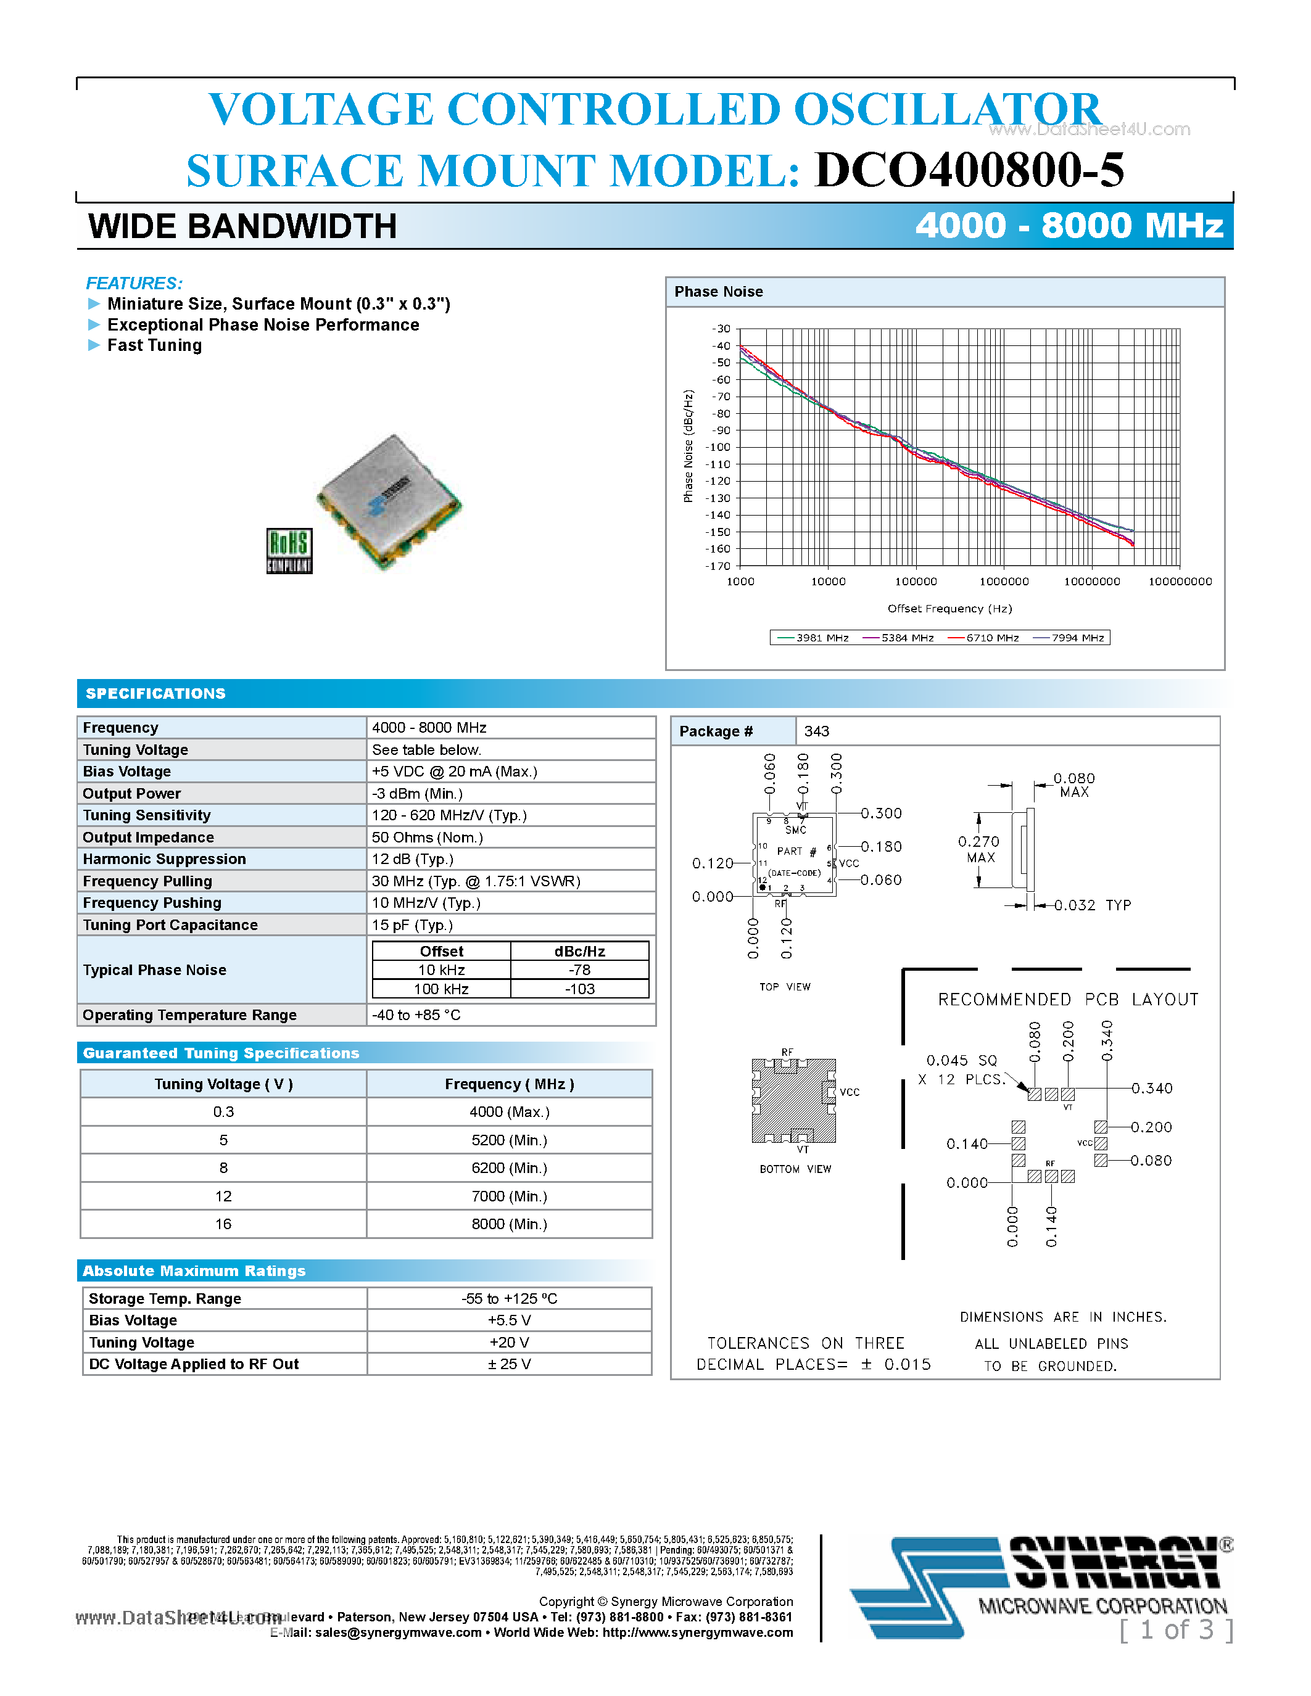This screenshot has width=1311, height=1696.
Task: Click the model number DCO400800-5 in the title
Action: pos(969,170)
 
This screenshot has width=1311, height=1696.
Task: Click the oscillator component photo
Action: pos(388,501)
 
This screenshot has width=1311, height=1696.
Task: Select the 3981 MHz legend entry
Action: pos(813,638)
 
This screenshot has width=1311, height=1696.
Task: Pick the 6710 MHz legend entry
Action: pos(984,638)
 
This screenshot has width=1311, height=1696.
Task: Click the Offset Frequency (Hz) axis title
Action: pos(949,609)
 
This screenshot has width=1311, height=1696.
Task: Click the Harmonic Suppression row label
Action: pos(164,859)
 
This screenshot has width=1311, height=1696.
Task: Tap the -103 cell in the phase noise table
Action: pos(579,989)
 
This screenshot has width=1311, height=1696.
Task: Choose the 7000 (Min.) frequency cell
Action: pos(509,1196)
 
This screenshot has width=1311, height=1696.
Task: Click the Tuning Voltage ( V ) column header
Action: pos(223,1084)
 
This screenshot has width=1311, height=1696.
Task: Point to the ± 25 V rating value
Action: pos(509,1364)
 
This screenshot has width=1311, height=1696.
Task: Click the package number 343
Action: pos(816,731)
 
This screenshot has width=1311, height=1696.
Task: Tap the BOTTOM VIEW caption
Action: pos(795,1169)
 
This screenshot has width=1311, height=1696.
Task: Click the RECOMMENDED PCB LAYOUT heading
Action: pos(1068,1000)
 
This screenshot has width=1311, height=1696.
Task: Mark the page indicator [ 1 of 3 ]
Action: pos(1176,1630)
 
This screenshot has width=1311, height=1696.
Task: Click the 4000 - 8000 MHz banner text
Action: pos(1069,226)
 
